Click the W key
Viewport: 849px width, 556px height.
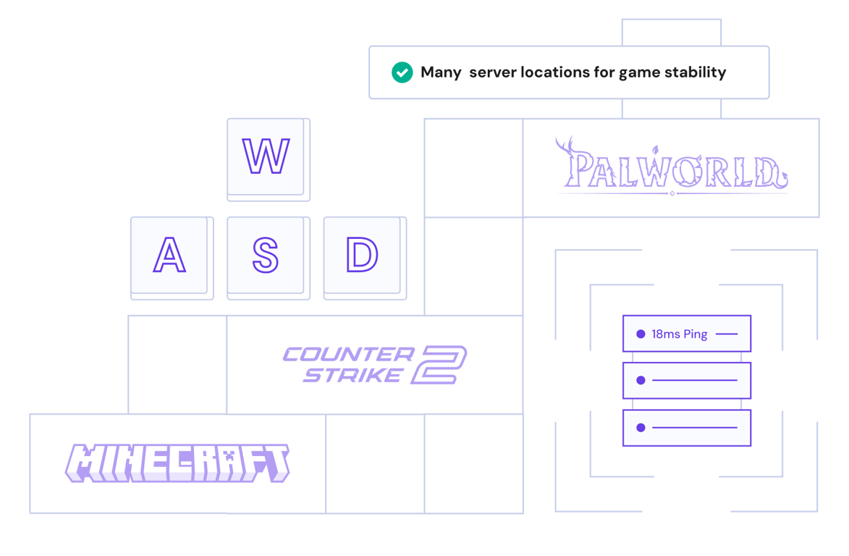coord(266,157)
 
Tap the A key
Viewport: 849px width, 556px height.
coord(169,255)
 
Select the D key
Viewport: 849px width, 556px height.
coord(361,255)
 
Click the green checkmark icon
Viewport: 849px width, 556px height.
coord(402,72)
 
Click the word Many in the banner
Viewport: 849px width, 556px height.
coord(441,72)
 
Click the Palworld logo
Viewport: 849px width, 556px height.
coord(672,169)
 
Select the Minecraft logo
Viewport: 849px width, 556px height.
coord(177,463)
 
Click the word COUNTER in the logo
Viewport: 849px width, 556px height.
coord(348,355)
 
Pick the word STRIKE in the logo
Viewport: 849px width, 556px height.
coord(353,375)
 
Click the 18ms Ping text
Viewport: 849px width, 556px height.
coord(679,334)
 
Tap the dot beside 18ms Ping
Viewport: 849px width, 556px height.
coord(640,334)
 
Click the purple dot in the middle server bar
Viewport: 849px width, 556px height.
coord(640,381)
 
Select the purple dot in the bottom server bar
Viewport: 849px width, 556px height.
coord(640,428)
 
